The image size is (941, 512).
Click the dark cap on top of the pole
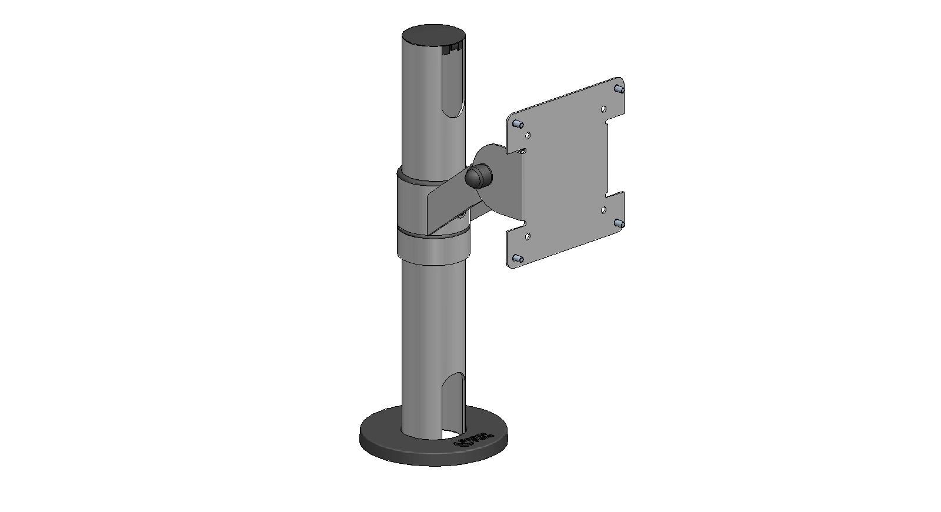coord(434,34)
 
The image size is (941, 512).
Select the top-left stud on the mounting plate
coord(518,124)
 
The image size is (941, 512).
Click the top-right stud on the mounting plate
coord(619,89)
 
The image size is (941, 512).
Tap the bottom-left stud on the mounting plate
coord(518,259)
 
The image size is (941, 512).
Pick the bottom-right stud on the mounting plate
coord(619,224)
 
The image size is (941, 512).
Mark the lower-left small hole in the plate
coord(528,236)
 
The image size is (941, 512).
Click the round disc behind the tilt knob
coord(500,176)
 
